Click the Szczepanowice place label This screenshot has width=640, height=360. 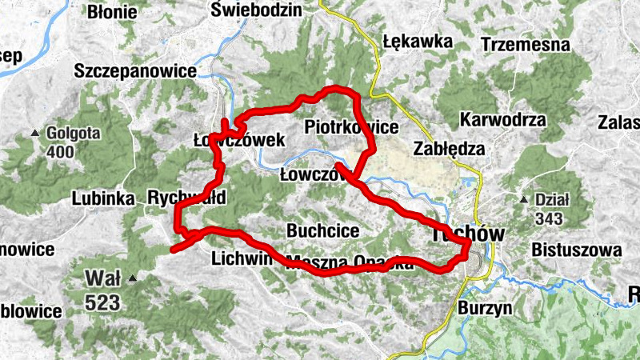pyautogui.click(x=134, y=71)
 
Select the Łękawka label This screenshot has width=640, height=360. pyautogui.click(x=417, y=42)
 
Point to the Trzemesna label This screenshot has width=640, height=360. pyautogui.click(x=526, y=45)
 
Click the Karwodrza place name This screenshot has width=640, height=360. pyautogui.click(x=503, y=120)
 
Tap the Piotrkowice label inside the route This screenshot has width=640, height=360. pyautogui.click(x=352, y=126)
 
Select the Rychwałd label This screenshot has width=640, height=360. pyautogui.click(x=187, y=197)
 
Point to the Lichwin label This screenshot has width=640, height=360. pyautogui.click(x=238, y=258)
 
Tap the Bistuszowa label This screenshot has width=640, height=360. pyautogui.click(x=575, y=250)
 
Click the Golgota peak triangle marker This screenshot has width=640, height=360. pyautogui.click(x=35, y=133)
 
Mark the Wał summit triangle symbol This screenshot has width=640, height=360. pyautogui.click(x=134, y=278)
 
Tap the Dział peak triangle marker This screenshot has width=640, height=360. pyautogui.click(x=523, y=199)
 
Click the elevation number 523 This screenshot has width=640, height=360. pyautogui.click(x=104, y=302)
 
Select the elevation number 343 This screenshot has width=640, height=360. pyautogui.click(x=550, y=218)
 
